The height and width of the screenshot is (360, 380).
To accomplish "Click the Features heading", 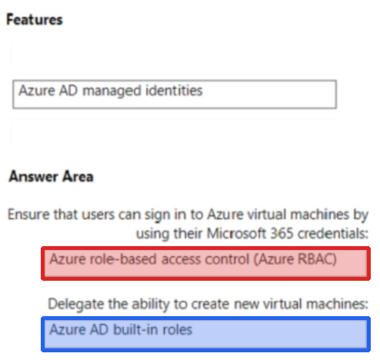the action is tap(35, 20).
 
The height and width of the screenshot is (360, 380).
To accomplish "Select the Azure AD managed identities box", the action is tap(175, 94).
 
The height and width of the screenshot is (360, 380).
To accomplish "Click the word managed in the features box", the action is tap(112, 92).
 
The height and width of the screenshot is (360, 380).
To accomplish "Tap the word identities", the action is tap(174, 90).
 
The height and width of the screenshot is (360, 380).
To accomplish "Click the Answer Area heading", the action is tap(51, 176).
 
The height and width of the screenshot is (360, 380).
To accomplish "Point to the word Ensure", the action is tap(28, 214).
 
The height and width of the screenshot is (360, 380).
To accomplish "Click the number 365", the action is tap(282, 233).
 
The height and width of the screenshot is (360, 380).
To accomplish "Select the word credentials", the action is tap(332, 233).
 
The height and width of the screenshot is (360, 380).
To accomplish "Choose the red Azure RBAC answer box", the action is tap(205, 263).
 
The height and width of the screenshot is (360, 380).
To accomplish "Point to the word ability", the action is tap(151, 305).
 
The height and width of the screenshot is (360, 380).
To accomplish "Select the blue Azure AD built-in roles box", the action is tap(205, 334).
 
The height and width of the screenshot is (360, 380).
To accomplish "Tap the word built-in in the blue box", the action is tap(134, 329).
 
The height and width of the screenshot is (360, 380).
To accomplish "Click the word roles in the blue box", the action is tap(177, 329).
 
